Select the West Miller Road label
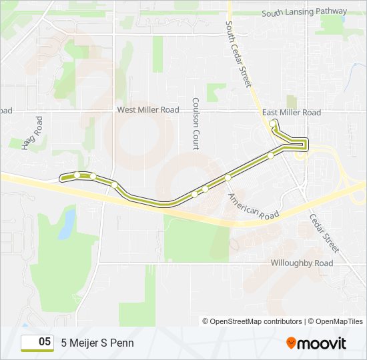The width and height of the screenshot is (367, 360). click(x=148, y=109)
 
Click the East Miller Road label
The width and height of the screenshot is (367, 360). click(x=292, y=113)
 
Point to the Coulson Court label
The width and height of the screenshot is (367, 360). click(x=196, y=124)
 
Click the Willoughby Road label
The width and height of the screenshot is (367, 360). click(x=302, y=263)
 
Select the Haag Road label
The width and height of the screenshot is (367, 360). click(x=32, y=133)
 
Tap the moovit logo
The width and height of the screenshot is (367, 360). click(x=316, y=343)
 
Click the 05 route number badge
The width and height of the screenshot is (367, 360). click(x=38, y=343)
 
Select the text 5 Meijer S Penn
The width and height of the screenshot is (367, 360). click(x=97, y=343)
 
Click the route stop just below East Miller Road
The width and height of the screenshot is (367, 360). click(x=272, y=123)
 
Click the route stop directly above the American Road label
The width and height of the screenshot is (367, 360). click(x=228, y=177)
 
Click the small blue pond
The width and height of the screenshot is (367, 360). click(x=67, y=224)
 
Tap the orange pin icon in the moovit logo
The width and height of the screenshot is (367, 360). click(x=292, y=343)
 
